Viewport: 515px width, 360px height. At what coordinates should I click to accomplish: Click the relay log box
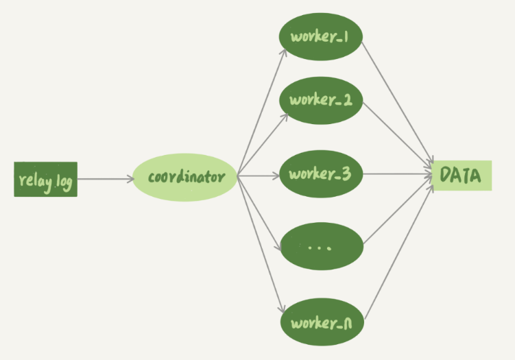(45, 179)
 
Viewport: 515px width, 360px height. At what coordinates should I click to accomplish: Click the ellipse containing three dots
(321, 245)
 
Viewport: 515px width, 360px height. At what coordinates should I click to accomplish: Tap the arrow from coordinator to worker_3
(259, 175)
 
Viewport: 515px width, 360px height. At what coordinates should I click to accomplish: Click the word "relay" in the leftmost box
(32, 181)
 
